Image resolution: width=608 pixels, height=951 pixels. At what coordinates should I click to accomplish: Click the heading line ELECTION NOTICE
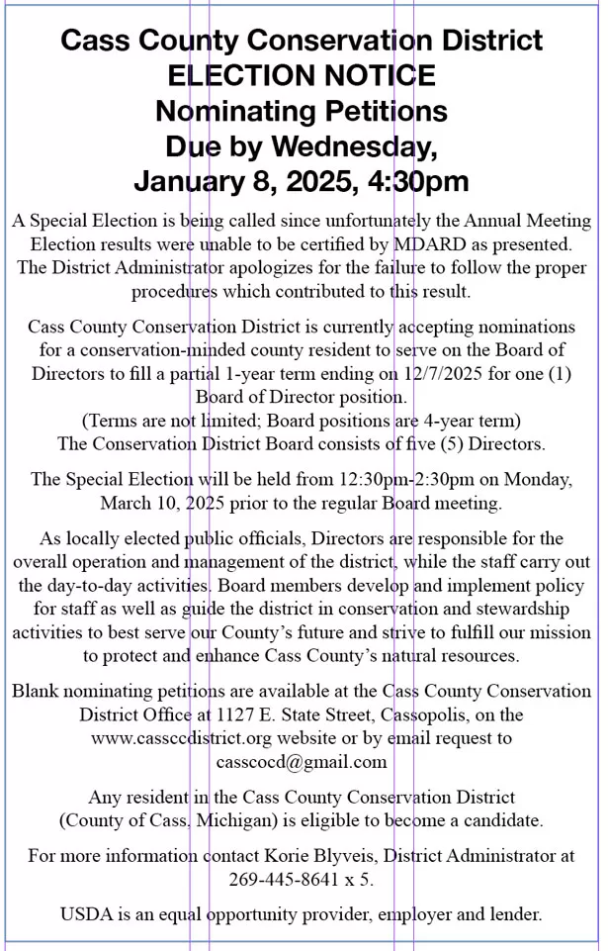302,76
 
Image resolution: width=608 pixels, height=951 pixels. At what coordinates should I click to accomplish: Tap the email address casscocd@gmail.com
301,761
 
